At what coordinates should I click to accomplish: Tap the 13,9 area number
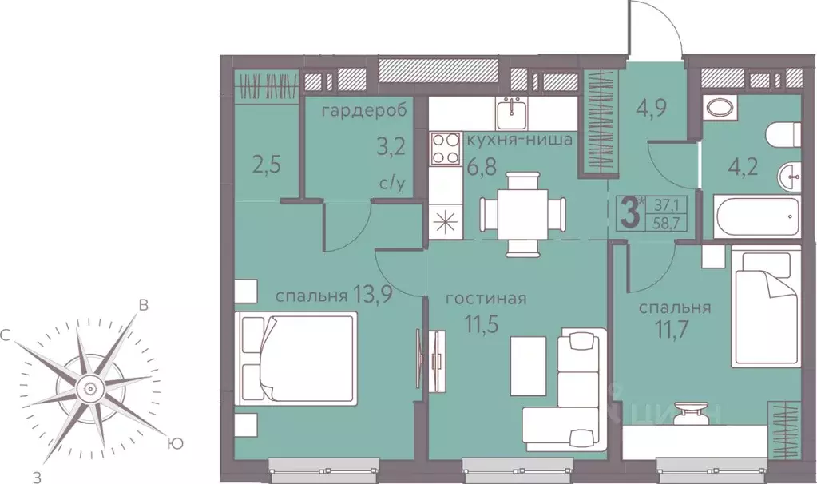[x=372, y=296]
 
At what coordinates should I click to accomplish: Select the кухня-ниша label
[x=520, y=140]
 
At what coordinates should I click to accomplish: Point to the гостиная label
[x=486, y=299]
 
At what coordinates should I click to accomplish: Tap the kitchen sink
[x=511, y=113]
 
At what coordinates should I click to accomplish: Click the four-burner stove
[x=445, y=149]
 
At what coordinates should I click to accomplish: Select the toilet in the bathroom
[x=783, y=135]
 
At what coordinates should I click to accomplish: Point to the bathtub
[x=756, y=217]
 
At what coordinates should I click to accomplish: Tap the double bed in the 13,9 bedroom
[x=295, y=358]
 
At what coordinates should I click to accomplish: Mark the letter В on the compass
[x=143, y=305]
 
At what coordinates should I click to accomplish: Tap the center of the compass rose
[x=89, y=388]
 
